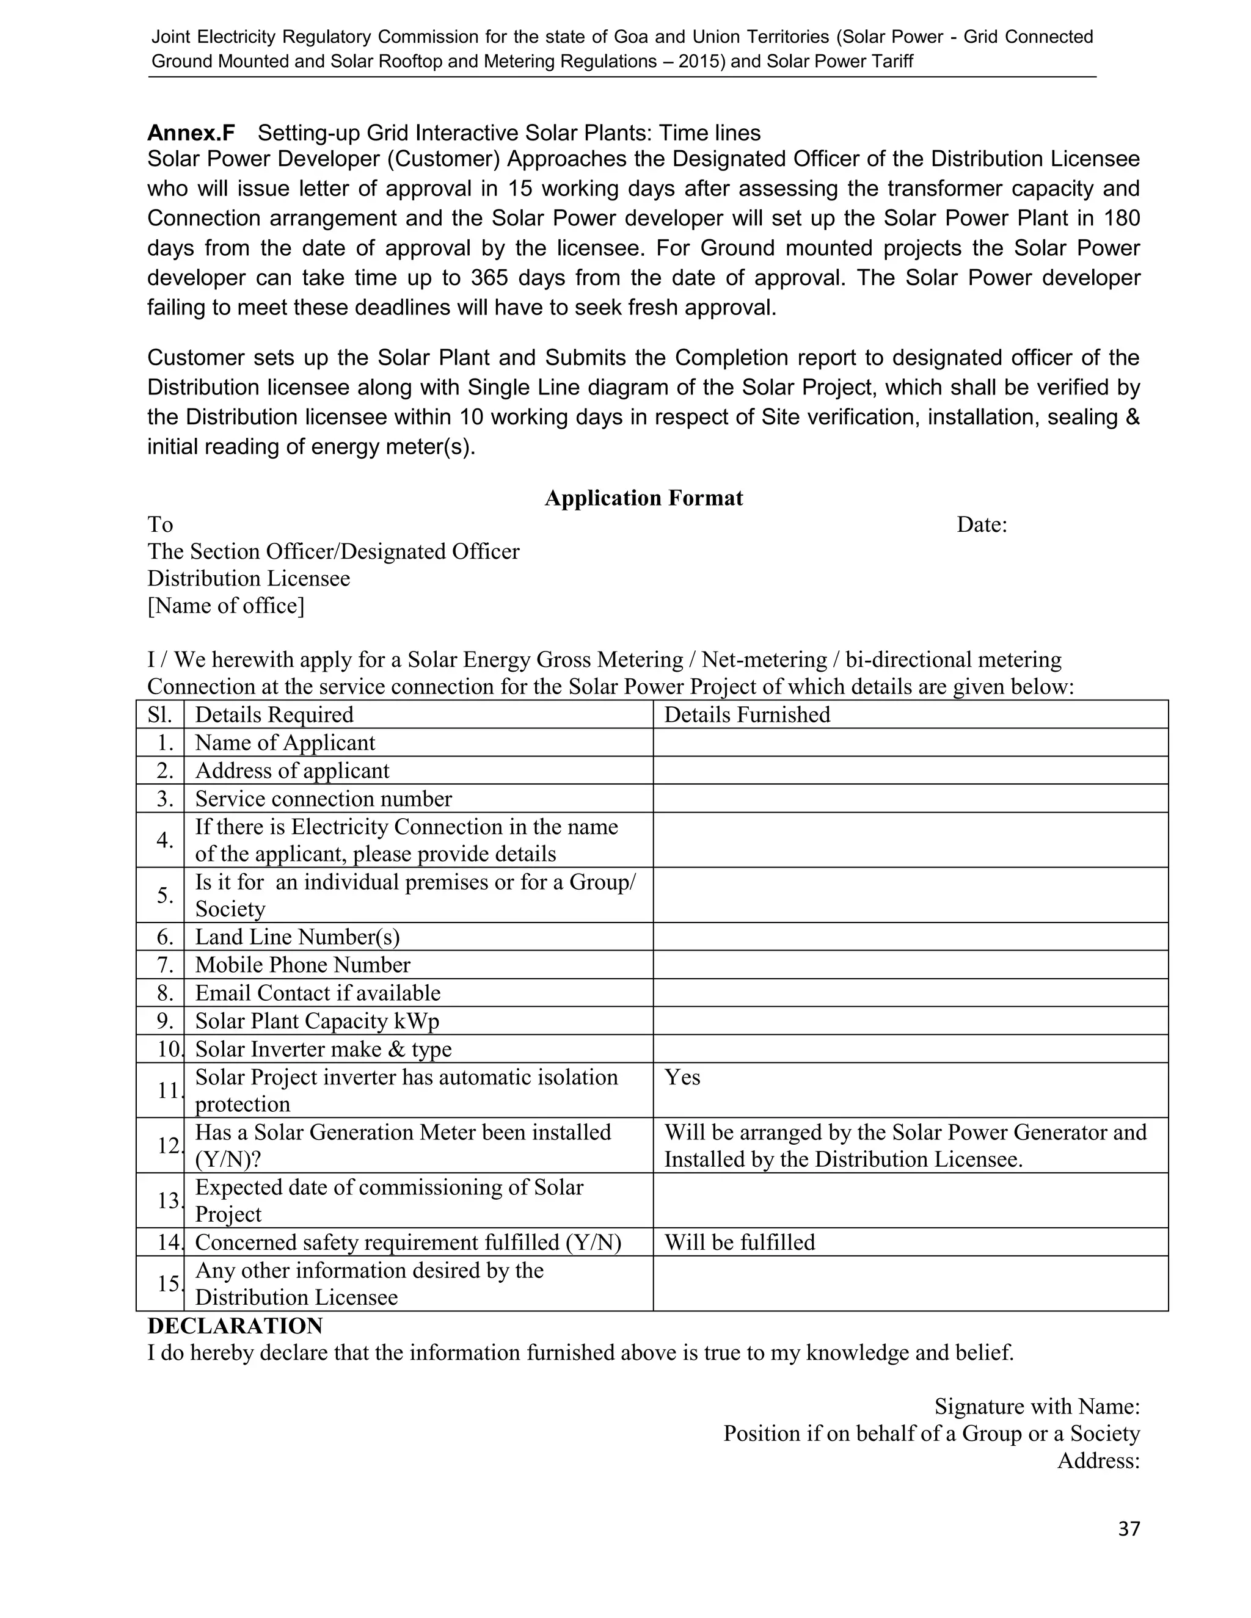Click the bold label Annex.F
pyautogui.click(x=191, y=133)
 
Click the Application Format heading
pyautogui.click(x=643, y=498)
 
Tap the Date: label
pyautogui.click(x=981, y=525)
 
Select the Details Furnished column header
pyautogui.click(x=746, y=715)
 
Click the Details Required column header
pyautogui.click(x=274, y=715)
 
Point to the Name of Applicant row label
pyautogui.click(x=285, y=743)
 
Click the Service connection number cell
pyautogui.click(x=323, y=799)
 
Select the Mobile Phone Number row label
pyautogui.click(x=302, y=965)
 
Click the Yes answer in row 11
pyautogui.click(x=682, y=1078)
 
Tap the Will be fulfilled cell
pyautogui.click(x=739, y=1243)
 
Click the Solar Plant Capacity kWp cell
pyautogui.click(x=316, y=1021)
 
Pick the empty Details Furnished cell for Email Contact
pyautogui.click(x=910, y=993)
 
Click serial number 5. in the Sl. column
pyautogui.click(x=164, y=896)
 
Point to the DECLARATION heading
pyautogui.click(x=235, y=1326)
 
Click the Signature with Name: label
pyautogui.click(x=1036, y=1406)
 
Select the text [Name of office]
pyautogui.click(x=225, y=606)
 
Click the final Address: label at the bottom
pyautogui.click(x=1098, y=1461)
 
